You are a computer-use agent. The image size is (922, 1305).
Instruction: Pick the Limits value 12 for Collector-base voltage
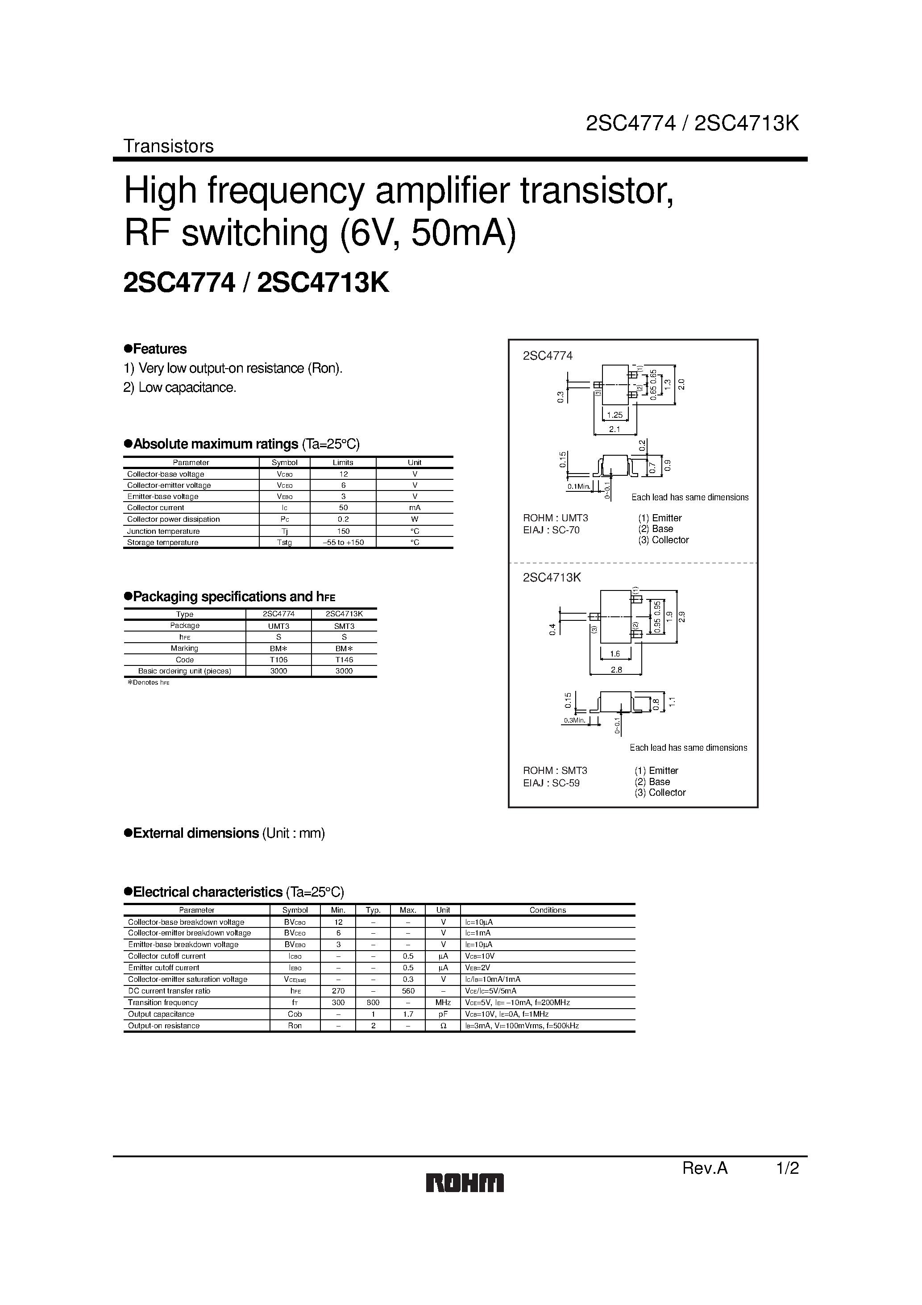(x=343, y=474)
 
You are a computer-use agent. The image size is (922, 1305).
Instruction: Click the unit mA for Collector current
(x=415, y=507)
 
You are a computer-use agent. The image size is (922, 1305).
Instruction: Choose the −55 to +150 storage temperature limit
(x=343, y=542)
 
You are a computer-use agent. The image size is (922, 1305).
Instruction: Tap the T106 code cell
(x=278, y=660)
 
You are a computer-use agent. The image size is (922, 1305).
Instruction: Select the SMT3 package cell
(x=344, y=626)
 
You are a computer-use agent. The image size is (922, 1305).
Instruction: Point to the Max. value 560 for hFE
(x=408, y=991)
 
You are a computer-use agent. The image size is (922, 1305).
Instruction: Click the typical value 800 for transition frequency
(x=373, y=1002)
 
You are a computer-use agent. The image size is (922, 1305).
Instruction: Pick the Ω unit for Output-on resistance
(x=444, y=1026)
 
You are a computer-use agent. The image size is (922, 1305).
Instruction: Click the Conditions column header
(x=548, y=910)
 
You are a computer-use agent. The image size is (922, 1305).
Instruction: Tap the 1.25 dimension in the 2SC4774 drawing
(x=615, y=415)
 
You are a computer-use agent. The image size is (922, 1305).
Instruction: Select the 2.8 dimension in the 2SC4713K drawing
(x=616, y=669)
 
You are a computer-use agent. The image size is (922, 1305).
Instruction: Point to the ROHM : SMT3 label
(x=555, y=771)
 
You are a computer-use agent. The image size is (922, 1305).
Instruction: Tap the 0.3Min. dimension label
(x=574, y=721)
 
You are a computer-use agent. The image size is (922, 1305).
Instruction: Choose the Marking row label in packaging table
(x=184, y=648)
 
